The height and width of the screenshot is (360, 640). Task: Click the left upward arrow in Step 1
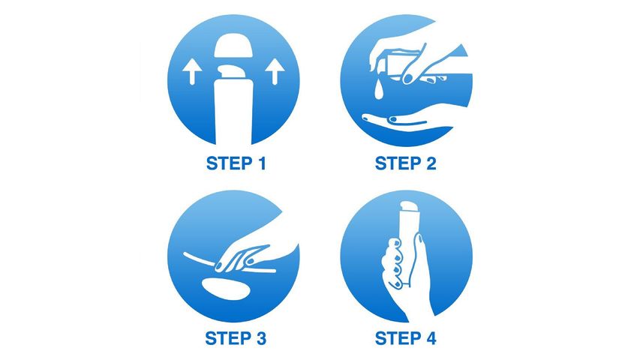[192, 72]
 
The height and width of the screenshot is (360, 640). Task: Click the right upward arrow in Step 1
[275, 72]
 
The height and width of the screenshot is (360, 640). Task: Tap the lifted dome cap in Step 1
[233, 46]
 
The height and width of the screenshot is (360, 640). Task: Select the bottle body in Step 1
[233, 112]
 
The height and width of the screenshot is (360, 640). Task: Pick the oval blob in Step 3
[227, 288]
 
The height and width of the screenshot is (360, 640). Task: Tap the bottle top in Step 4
[409, 207]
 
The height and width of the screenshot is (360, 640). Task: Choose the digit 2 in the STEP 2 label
[430, 163]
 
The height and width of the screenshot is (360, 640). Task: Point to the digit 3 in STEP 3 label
[260, 339]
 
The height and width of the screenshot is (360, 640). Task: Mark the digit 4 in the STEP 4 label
[430, 339]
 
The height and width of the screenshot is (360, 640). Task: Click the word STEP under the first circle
[229, 163]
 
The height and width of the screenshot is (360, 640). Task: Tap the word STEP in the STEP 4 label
[398, 339]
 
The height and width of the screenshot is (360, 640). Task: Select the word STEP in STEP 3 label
[228, 339]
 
